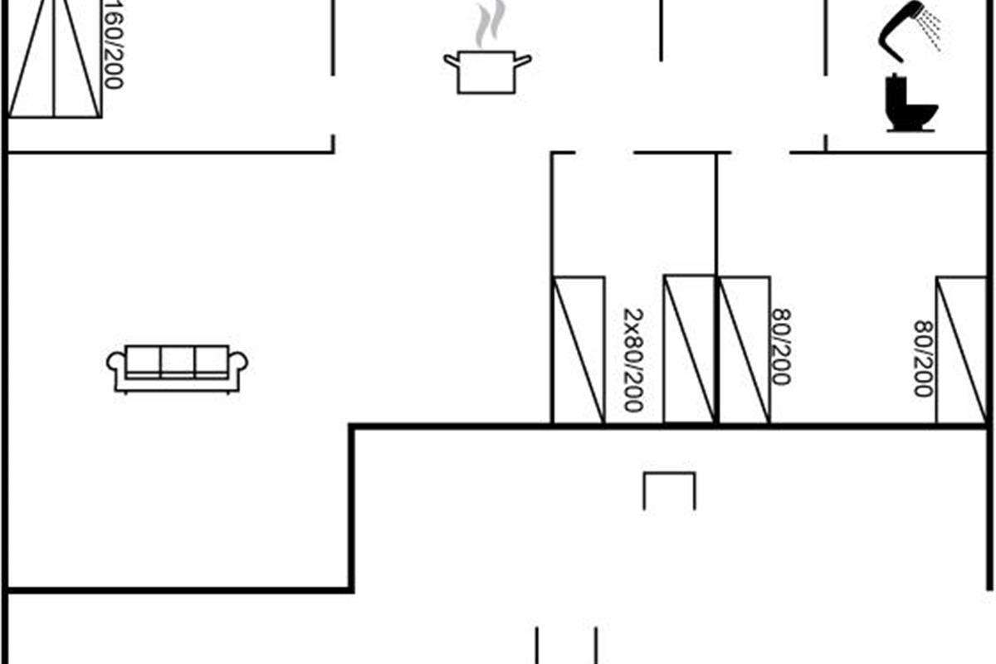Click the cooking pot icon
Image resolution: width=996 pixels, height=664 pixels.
487,72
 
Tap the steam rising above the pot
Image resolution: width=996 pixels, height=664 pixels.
490,23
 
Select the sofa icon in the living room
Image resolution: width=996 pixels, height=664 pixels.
177,369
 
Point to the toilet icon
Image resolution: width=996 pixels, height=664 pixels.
911,103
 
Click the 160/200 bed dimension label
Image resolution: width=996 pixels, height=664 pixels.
113,45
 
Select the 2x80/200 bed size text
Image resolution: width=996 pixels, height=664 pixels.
633,360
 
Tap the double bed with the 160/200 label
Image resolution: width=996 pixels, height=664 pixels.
54,59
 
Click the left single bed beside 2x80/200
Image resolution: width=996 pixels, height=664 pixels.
578,350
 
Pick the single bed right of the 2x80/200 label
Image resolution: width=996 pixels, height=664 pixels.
689,350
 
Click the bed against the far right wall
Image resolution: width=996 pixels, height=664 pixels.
961,350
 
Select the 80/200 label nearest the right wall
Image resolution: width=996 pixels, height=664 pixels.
923,359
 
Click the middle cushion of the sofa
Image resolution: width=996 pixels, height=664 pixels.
177,361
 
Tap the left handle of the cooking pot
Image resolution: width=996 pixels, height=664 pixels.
452,61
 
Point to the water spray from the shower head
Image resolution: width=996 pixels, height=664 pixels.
931,30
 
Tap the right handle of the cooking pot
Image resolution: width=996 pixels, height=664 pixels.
523,61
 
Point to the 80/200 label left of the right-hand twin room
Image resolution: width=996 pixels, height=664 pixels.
781,347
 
